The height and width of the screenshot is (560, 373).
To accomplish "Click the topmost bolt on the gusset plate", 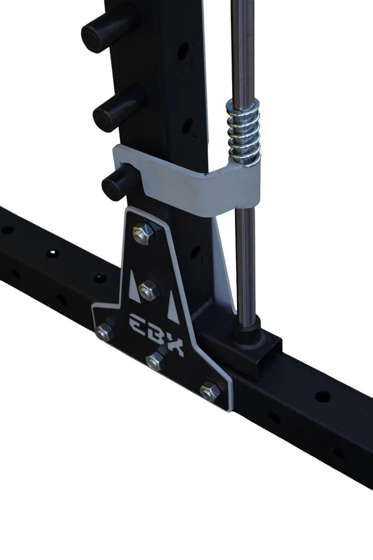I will tap(144, 233).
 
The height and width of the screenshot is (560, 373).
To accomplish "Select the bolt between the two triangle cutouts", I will tap(149, 290).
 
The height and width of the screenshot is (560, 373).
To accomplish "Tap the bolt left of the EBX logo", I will tap(105, 332).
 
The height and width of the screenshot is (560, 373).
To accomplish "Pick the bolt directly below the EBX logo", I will tap(156, 361).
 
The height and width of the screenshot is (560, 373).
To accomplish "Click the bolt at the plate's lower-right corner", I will tap(210, 390).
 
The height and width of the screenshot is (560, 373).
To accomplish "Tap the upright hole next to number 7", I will tap(183, 52).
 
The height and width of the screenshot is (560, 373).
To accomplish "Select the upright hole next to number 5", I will tap(187, 125).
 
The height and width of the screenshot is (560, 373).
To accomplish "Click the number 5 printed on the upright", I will tap(194, 138).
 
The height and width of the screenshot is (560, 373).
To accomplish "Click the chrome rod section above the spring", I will tap(242, 50).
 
